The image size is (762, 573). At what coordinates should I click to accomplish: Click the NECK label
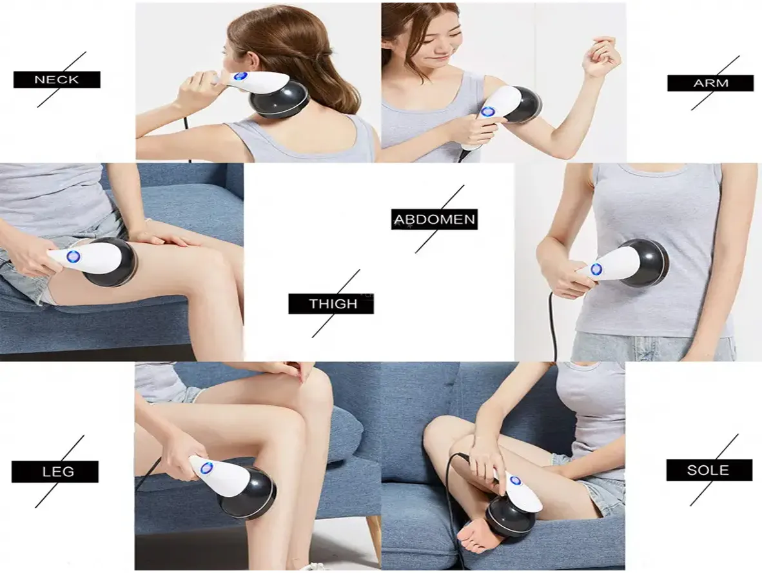coord(57,79)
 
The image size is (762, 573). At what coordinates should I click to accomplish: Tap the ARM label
coord(710,83)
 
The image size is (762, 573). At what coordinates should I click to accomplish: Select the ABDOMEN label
coord(435,219)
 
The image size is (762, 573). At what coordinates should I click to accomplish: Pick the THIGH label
coord(331,304)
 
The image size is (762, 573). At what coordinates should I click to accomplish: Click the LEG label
coord(55,472)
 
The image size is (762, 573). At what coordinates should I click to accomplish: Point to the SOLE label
coord(708,470)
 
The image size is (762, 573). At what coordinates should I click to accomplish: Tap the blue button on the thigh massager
coord(73,257)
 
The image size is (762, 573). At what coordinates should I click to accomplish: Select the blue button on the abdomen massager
coord(596,269)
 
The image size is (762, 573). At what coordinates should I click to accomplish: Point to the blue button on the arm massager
coord(488,112)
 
